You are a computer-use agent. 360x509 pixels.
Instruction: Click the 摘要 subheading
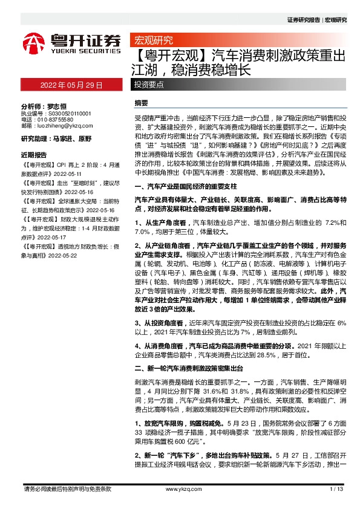[141, 104]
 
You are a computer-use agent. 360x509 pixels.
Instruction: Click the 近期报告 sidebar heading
[34, 154]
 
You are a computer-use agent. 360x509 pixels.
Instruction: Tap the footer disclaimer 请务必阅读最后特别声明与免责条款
[68, 488]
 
